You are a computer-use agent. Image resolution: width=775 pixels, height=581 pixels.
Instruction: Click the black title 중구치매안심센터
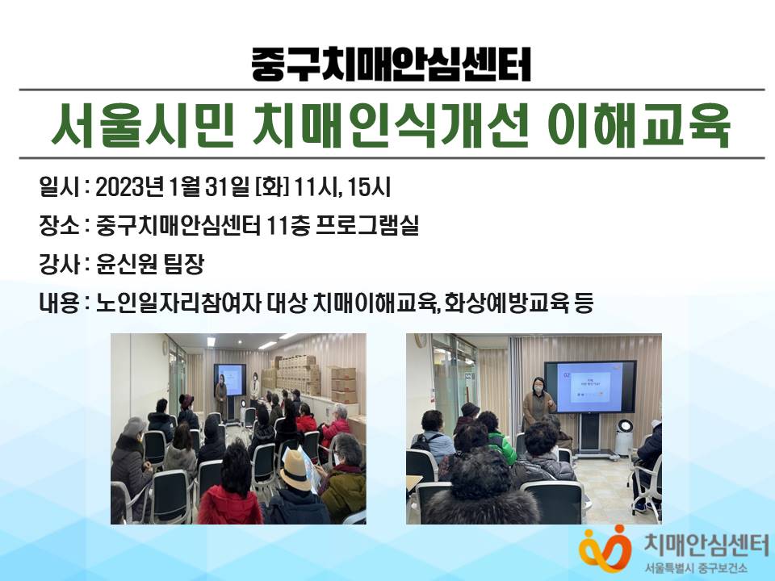[x=391, y=65]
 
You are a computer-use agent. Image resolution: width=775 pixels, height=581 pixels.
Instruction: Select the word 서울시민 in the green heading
[x=143, y=126]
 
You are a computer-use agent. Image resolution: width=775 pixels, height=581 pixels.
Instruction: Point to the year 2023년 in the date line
[x=129, y=188]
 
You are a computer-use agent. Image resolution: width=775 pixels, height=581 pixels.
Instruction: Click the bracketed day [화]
[x=272, y=188]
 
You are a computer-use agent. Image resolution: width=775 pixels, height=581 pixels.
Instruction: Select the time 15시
[x=369, y=188]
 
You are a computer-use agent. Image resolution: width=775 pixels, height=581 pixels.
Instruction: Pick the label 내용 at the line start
[x=59, y=303]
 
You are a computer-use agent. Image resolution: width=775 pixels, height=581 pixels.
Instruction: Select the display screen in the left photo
[x=230, y=379]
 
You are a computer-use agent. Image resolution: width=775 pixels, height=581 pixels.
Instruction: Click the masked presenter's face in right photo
[x=538, y=386]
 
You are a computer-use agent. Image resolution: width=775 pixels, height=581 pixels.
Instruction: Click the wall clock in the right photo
[x=421, y=341]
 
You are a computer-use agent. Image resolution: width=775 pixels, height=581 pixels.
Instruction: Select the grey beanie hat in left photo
[x=133, y=426]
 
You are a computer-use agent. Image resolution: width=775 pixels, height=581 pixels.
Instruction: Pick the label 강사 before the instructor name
[x=59, y=265]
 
